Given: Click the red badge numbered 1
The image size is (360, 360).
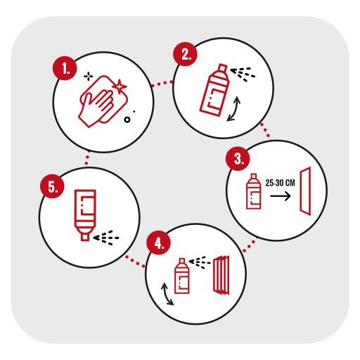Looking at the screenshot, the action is pos(65,68).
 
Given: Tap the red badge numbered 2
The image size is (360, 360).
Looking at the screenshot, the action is pos(185,54).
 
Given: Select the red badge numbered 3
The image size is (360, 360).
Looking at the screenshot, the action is pos(238,159).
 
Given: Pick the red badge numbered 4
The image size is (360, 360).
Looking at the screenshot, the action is pos(158,243).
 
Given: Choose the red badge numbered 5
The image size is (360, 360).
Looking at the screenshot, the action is pos(52,186).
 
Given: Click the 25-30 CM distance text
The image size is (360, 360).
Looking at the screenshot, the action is pos(280,183).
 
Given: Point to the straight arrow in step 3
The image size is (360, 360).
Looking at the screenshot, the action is pos(281,196).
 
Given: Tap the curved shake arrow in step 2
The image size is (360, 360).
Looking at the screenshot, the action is pos(235,109).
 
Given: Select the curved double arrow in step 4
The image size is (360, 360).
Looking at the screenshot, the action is pos(167,294).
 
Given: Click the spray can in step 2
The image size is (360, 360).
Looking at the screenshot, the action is pos(214,90).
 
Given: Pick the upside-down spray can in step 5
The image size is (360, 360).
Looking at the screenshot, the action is pos(85,215).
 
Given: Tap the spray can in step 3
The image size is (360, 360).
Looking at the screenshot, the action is pos(253,191).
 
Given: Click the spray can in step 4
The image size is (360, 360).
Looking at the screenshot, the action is pos(181,276).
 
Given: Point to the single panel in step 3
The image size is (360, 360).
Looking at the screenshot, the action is pos(305,191).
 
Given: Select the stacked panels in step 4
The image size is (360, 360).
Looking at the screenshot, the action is pos(221,275).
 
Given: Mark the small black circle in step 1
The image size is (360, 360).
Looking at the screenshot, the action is pos(127,120).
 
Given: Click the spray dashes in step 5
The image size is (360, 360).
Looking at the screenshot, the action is pos(106,238).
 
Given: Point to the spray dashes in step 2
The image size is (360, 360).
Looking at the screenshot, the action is pos(243,74).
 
